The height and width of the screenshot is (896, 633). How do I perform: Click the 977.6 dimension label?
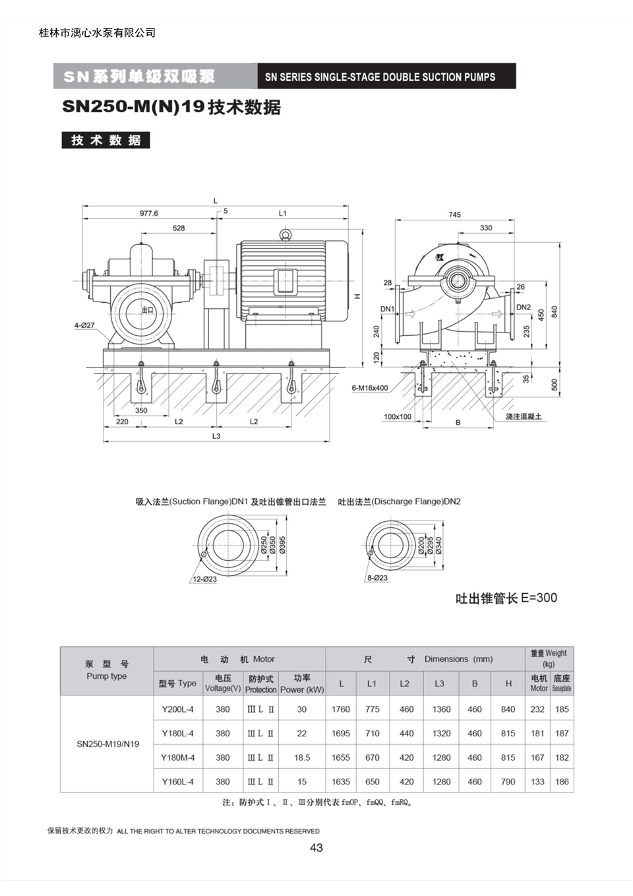[x=148, y=214]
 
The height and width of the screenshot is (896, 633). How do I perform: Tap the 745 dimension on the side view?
[x=454, y=215]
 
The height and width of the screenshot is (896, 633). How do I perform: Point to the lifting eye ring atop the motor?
[x=286, y=234]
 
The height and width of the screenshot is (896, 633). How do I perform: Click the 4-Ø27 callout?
[x=84, y=325]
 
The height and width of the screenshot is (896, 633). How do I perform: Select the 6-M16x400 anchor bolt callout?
[x=370, y=388]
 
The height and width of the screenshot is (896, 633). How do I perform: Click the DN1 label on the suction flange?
[x=387, y=309]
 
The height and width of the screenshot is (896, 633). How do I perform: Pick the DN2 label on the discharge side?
[x=524, y=307]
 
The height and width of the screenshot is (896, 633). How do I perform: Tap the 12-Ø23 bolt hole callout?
[x=204, y=579]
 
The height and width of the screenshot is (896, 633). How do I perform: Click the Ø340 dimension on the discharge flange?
[x=438, y=545]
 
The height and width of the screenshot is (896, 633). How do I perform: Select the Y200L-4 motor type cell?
[x=178, y=709]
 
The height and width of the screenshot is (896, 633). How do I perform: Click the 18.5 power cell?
[x=302, y=757]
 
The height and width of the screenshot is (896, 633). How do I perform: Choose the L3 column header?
[x=439, y=684]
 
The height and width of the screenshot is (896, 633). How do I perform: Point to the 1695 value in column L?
[x=340, y=733]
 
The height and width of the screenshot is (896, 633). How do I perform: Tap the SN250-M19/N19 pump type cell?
[x=108, y=744]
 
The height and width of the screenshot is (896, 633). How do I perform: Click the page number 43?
[x=316, y=848]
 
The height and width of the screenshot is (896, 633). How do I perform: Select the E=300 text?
[x=539, y=598]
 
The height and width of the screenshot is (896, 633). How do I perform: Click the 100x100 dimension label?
[x=398, y=417]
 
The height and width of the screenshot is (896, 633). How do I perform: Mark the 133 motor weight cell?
[x=537, y=781]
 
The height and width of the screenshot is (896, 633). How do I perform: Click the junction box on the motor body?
[x=286, y=282]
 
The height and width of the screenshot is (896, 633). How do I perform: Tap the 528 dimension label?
[x=179, y=228]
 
